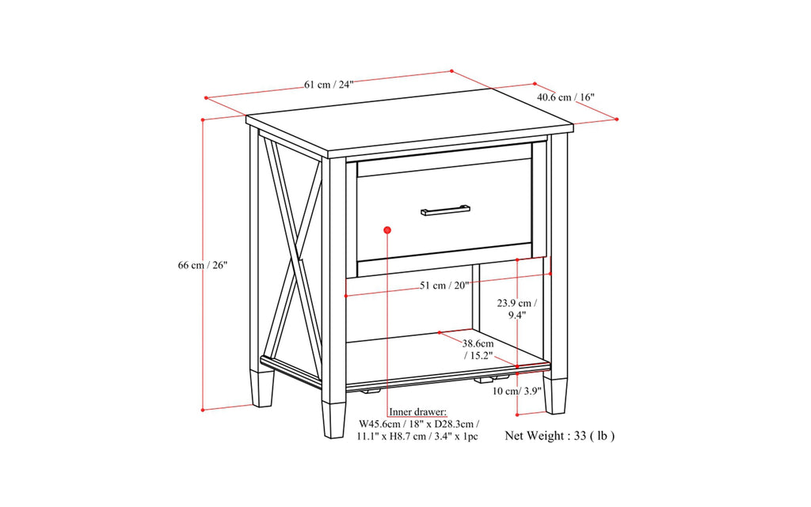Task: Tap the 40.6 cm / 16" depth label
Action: tap(565, 97)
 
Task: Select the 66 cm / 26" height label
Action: tap(203, 265)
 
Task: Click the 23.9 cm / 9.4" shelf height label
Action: tap(517, 308)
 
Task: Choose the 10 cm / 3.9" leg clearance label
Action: tap(516, 392)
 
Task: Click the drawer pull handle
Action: tap(445, 210)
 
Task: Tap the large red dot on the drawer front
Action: tap(387, 229)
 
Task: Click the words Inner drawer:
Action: tap(417, 412)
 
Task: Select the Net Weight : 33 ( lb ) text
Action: tap(560, 435)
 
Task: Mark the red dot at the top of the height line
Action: tap(203, 120)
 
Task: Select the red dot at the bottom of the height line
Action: tap(203, 410)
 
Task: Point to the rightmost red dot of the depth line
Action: tap(617, 119)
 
